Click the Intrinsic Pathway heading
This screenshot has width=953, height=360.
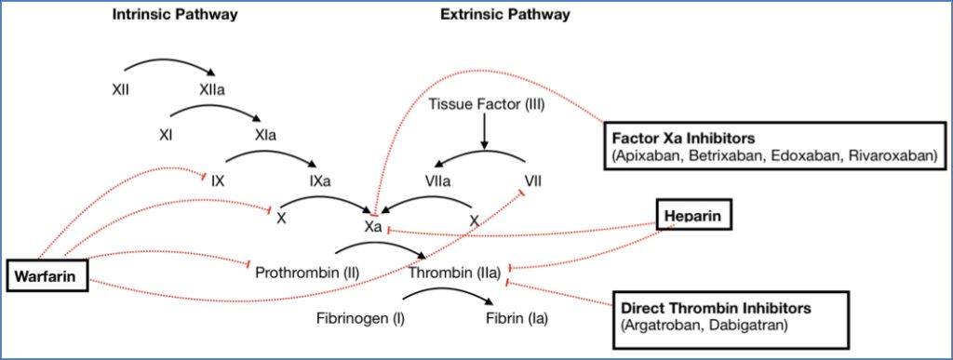[x=174, y=15]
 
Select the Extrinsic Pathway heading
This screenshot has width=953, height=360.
[x=505, y=15]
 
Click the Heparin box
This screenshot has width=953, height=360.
[x=692, y=217]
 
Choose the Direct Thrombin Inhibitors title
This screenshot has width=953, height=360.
[x=715, y=307]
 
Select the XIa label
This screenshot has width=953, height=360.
[x=263, y=134]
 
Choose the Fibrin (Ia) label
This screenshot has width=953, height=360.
[x=517, y=319]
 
